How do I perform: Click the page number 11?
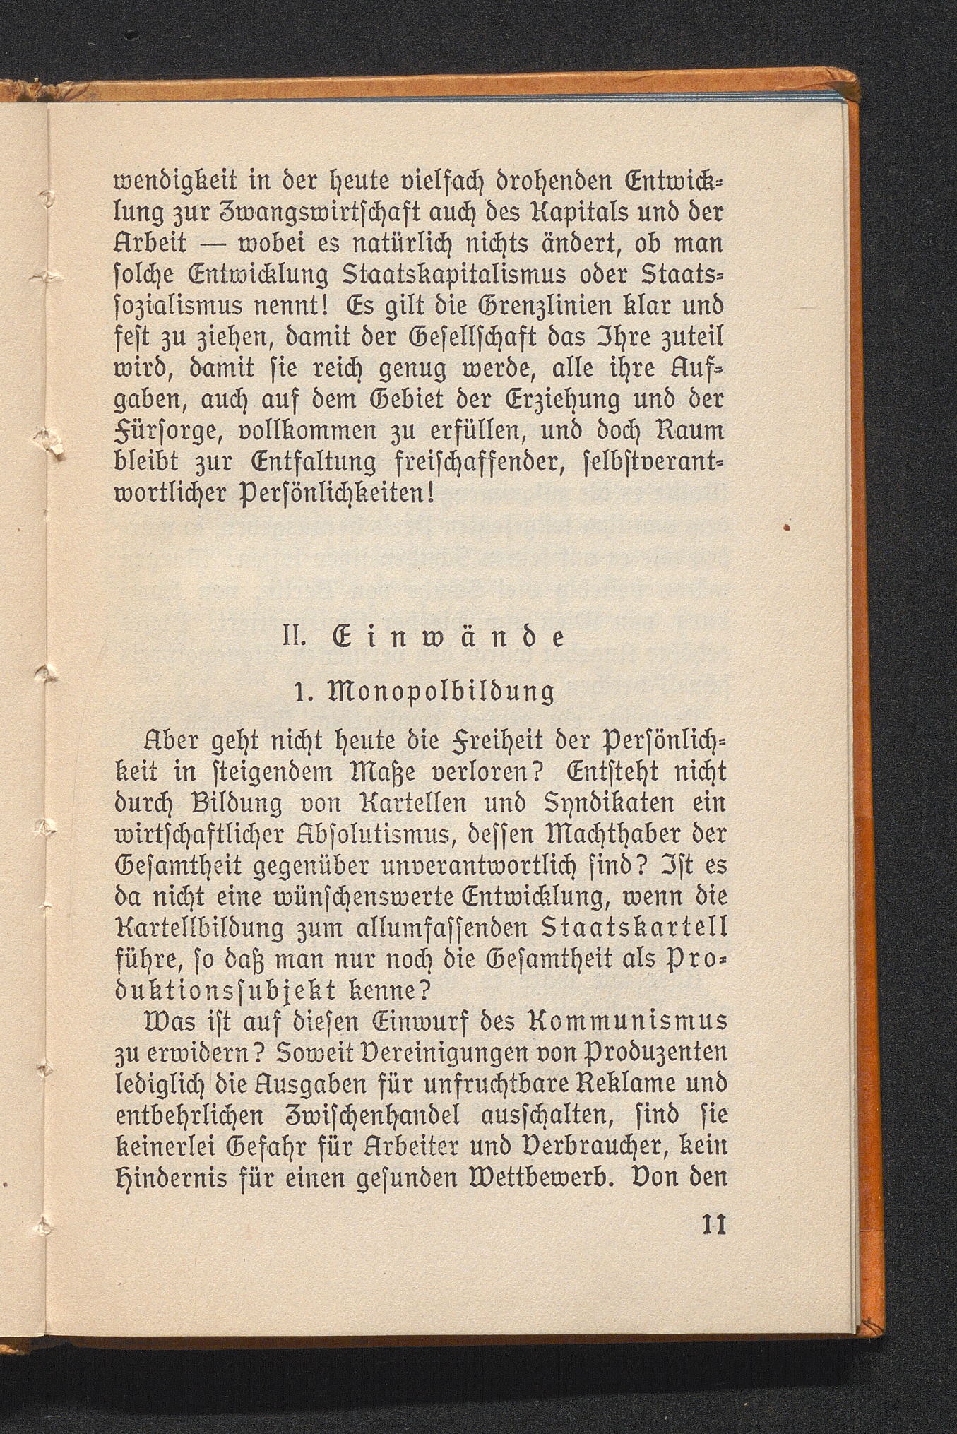click(714, 1224)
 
